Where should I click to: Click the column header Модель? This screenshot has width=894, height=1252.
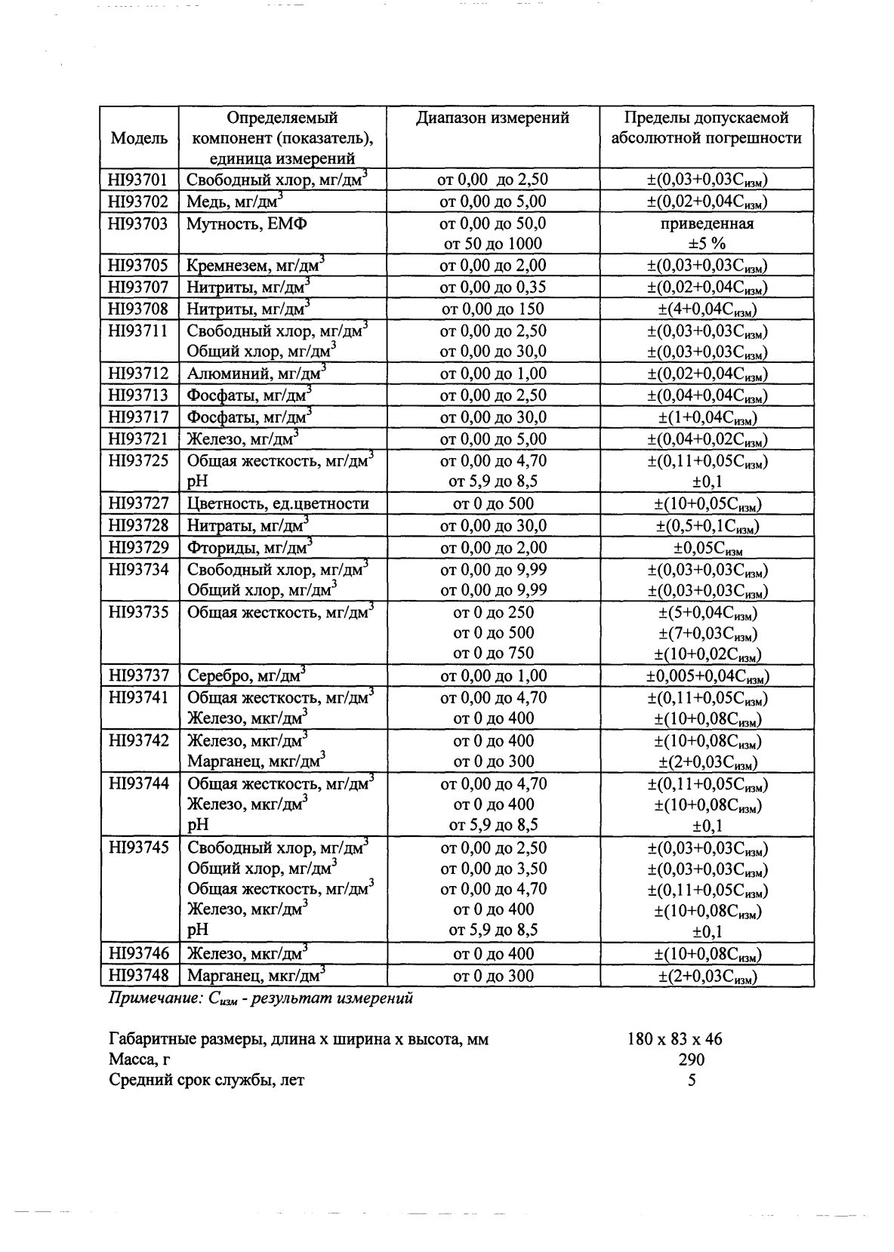[139, 138]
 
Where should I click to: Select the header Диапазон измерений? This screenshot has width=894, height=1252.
[492, 118]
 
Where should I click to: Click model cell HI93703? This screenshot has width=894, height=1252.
[138, 223]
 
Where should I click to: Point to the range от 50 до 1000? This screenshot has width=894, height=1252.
[493, 244]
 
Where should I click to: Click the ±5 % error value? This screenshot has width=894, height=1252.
[707, 244]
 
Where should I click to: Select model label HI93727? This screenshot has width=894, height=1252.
[139, 503]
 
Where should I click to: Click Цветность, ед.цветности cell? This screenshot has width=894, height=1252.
[278, 504]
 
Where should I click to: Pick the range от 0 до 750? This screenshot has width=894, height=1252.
[493, 653]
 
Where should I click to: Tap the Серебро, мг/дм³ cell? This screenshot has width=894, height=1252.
[246, 675]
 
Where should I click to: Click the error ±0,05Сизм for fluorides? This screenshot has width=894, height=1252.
[707, 548]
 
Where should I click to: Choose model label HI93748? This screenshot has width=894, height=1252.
[139, 975]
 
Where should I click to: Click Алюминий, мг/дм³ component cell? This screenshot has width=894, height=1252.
[256, 374]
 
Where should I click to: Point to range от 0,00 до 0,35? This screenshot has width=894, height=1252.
[493, 287]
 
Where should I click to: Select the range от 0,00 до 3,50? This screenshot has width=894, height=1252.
[493, 869]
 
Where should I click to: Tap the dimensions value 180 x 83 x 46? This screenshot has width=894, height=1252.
[674, 1039]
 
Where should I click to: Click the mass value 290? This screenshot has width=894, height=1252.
[691, 1060]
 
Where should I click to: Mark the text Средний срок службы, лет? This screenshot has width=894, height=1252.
[207, 1080]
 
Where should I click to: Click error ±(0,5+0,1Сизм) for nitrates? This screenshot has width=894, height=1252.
[707, 526]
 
